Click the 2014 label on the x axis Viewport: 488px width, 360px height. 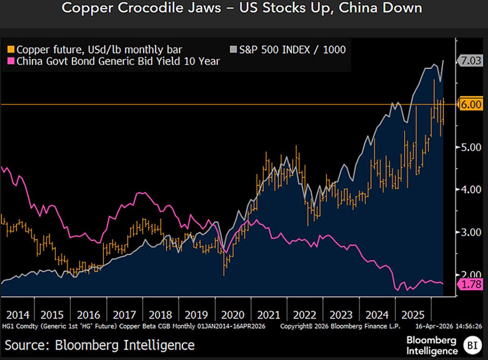click(x=17, y=315)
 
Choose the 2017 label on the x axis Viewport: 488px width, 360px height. click(x=124, y=315)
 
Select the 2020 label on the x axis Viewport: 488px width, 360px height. click(x=233, y=315)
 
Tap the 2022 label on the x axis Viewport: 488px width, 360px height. click(x=305, y=315)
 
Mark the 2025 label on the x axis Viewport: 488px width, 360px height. click(x=413, y=315)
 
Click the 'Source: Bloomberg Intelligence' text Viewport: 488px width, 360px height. click(x=100, y=345)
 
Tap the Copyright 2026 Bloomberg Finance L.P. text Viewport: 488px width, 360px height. click(x=340, y=326)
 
